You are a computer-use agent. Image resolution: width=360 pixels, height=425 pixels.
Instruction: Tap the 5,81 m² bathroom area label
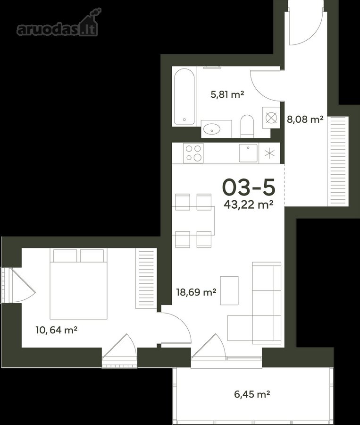[x=227, y=94]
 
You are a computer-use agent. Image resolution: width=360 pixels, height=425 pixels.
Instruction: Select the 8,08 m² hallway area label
[x=305, y=119]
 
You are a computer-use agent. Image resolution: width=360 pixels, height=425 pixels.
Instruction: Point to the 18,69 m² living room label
[x=196, y=292]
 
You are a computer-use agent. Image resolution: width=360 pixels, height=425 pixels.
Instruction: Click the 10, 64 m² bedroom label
[x=57, y=330]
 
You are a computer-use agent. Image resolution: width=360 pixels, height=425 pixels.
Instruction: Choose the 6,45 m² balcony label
[x=252, y=394]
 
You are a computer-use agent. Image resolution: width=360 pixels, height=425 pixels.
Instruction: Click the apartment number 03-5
[x=249, y=187]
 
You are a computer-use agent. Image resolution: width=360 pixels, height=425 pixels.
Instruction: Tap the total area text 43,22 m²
[x=248, y=204]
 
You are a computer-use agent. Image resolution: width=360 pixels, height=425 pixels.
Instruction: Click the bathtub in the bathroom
[x=184, y=96]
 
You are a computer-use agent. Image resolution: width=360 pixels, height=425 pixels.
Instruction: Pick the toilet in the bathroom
[x=247, y=126]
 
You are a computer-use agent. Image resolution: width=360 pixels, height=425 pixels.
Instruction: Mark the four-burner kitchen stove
[x=193, y=153]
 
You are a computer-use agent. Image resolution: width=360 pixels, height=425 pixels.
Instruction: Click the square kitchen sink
[x=248, y=153]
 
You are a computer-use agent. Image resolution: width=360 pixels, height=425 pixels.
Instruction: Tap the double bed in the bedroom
[x=78, y=283]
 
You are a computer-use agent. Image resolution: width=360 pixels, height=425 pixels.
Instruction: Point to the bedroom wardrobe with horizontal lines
[x=146, y=279]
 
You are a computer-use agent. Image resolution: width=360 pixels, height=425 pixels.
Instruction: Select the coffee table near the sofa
[x=229, y=290]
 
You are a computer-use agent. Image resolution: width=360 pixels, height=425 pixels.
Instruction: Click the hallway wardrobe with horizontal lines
[x=338, y=161]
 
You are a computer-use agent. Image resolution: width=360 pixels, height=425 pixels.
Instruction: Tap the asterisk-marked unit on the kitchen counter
[x=269, y=153]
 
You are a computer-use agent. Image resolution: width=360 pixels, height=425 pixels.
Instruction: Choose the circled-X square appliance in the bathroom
[x=271, y=118]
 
